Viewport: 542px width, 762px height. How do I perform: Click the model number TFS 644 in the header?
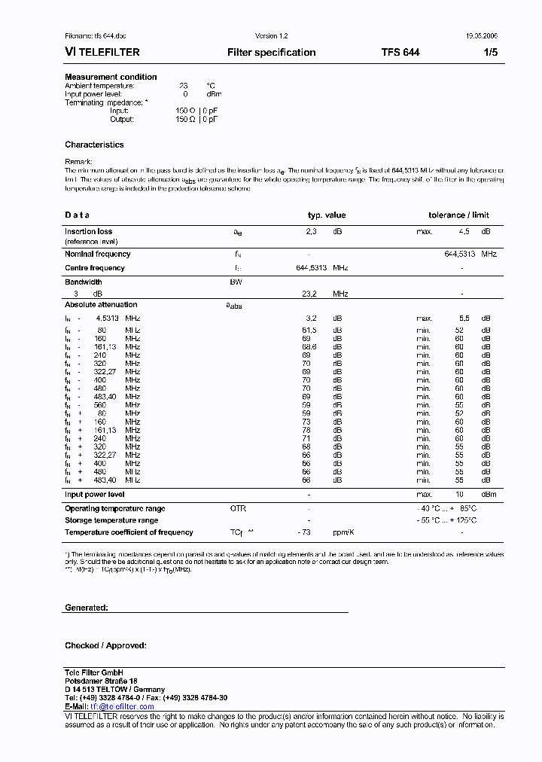pos(400,53)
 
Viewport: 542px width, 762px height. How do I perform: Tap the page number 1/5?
pos(489,53)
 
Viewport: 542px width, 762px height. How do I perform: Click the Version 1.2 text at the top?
pos(271,36)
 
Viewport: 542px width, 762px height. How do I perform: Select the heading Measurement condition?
pos(111,77)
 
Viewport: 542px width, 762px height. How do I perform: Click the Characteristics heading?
pos(94,145)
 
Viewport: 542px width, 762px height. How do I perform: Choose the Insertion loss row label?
pos(88,232)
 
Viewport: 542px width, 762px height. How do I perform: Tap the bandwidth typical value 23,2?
pos(309,294)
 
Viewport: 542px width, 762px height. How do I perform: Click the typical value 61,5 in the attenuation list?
pos(309,330)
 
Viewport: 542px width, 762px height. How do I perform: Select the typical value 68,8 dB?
pos(309,347)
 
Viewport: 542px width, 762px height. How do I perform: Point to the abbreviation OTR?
pos(238,509)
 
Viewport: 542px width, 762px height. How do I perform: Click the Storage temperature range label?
pos(111,520)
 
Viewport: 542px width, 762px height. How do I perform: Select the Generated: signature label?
pos(87,608)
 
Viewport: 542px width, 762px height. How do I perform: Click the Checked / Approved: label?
pos(105,645)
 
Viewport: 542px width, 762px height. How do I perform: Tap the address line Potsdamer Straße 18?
pos(101,681)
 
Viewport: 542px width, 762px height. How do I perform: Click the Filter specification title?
pos(271,53)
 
